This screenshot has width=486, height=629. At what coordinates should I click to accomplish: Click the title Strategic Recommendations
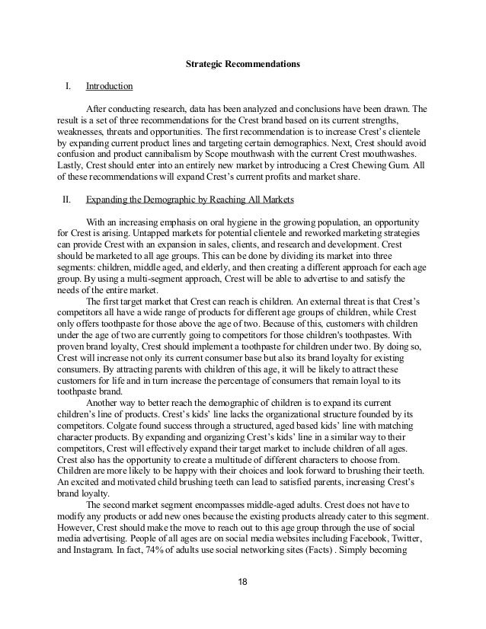[x=243, y=65]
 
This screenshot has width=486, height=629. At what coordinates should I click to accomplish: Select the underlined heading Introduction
[x=110, y=86]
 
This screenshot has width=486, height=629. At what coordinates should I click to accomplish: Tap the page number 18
[x=243, y=584]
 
